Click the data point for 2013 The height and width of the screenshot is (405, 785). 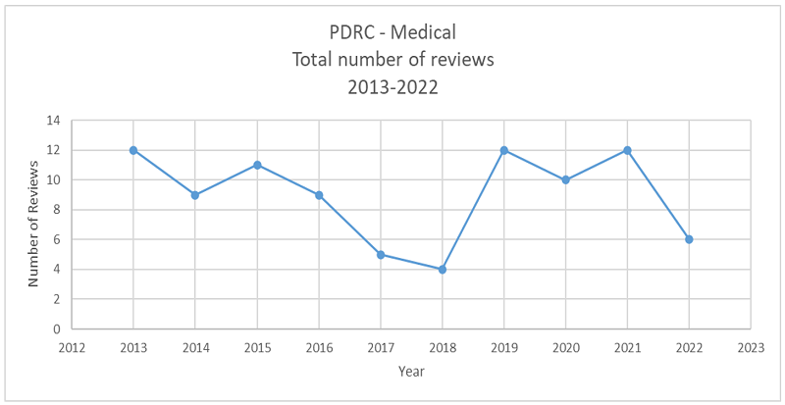pyautogui.click(x=132, y=150)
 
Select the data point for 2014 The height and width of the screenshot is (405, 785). pyautogui.click(x=195, y=195)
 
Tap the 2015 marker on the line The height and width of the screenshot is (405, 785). pyautogui.click(x=257, y=165)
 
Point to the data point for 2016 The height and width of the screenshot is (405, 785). pyautogui.click(x=319, y=195)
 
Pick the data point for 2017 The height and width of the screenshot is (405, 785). pyautogui.click(x=381, y=254)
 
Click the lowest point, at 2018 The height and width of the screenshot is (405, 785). pyautogui.click(x=443, y=269)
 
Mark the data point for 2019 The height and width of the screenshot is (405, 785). pyautogui.click(x=504, y=150)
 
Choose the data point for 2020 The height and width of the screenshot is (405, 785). pyautogui.click(x=566, y=179)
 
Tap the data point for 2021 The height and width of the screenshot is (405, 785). pyautogui.click(x=627, y=150)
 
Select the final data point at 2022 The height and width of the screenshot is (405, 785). pyautogui.click(x=689, y=239)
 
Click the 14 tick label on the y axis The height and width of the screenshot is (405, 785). pyautogui.click(x=52, y=121)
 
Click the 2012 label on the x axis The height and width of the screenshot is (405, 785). pyautogui.click(x=71, y=346)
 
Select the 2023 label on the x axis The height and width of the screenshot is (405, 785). pyautogui.click(x=751, y=346)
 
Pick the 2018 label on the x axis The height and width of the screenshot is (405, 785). pyautogui.click(x=443, y=346)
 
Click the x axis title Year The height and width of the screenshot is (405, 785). pyautogui.click(x=411, y=372)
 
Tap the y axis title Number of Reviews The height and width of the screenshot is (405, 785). pyautogui.click(x=32, y=225)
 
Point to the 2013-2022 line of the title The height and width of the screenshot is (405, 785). pyautogui.click(x=392, y=86)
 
